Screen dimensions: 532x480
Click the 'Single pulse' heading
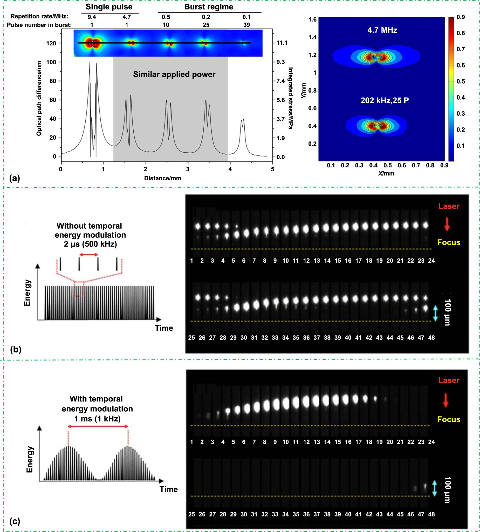point(109,7)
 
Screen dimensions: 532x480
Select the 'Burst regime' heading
point(209,7)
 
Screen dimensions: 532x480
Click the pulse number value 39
point(246,25)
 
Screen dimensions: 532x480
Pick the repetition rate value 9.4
point(92,17)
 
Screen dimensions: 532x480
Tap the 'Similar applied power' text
point(174,74)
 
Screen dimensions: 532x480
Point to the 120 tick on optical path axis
point(51,43)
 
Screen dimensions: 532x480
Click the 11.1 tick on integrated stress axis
point(282,43)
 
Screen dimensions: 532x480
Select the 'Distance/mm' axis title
point(162,178)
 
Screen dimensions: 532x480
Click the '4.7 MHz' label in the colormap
point(382,30)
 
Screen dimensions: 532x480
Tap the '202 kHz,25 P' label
point(385,100)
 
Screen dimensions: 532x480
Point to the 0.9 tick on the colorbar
point(461,17)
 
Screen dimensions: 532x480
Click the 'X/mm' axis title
point(386,173)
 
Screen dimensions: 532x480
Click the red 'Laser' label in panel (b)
point(449,206)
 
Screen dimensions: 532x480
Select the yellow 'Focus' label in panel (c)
point(449,419)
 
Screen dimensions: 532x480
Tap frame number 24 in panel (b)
point(431,261)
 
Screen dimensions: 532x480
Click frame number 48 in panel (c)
point(431,514)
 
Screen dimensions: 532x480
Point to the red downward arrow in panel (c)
point(445,400)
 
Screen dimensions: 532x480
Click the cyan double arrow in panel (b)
point(435,313)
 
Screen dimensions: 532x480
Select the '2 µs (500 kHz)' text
point(90,244)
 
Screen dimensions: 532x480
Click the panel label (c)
point(15,521)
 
